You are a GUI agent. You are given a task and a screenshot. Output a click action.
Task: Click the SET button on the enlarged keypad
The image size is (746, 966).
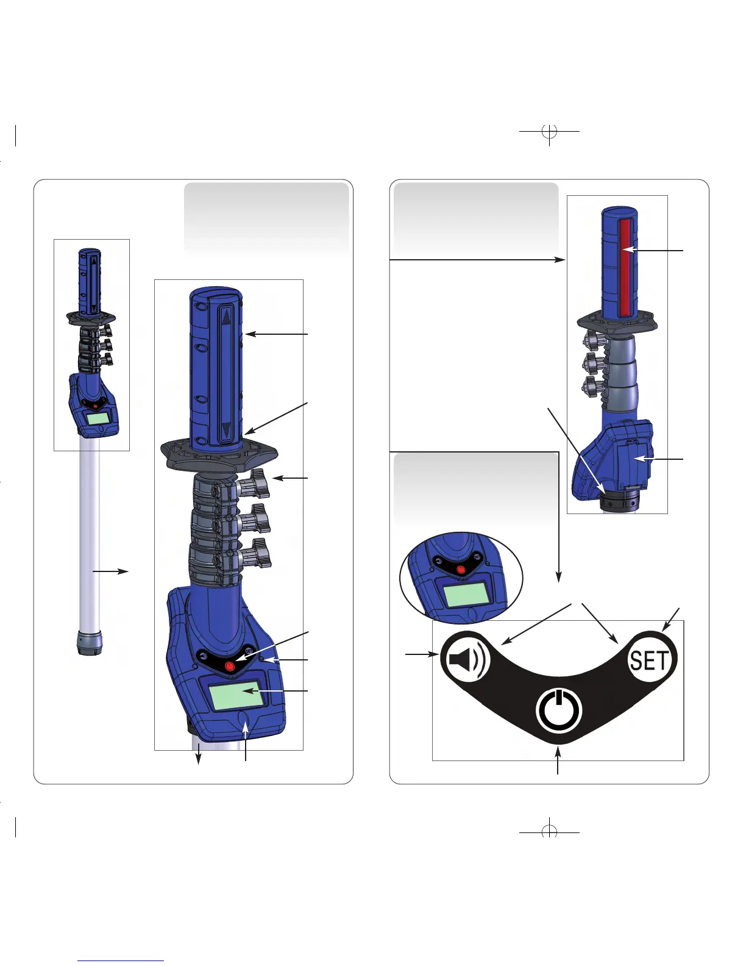[x=649, y=660]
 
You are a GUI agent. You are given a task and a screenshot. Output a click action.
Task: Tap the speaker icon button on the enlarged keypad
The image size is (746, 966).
[x=466, y=659]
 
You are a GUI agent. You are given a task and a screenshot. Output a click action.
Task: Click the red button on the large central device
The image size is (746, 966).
[x=230, y=667]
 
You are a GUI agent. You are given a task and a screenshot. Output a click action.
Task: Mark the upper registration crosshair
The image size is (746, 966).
[x=550, y=132]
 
